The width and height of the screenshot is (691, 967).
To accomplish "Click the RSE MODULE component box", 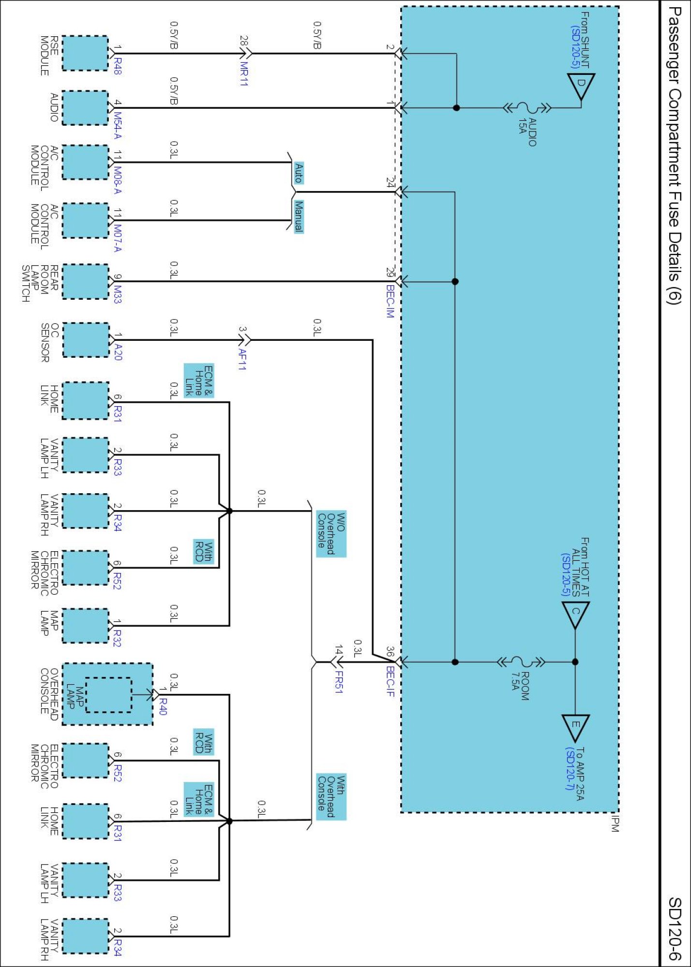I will (x=85, y=53).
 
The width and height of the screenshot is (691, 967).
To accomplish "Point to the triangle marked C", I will (x=575, y=613).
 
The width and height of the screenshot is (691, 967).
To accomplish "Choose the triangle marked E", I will (x=575, y=726).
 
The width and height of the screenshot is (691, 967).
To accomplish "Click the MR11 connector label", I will (x=244, y=73).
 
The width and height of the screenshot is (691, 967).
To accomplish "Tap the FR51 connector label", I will (x=339, y=682).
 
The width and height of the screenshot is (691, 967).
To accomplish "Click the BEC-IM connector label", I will (x=391, y=301).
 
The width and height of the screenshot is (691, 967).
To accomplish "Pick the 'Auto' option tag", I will (x=299, y=173).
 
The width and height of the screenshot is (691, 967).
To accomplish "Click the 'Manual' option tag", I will (x=299, y=217).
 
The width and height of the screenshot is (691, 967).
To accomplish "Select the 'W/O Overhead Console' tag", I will (x=331, y=534).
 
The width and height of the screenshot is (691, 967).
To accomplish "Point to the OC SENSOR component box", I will (x=85, y=340).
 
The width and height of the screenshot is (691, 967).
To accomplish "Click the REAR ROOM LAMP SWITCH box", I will (x=85, y=281).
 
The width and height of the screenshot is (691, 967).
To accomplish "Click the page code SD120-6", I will (x=675, y=928).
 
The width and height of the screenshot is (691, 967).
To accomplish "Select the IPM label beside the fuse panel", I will (x=615, y=823).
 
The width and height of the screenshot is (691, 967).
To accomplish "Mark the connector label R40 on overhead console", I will (x=163, y=706).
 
